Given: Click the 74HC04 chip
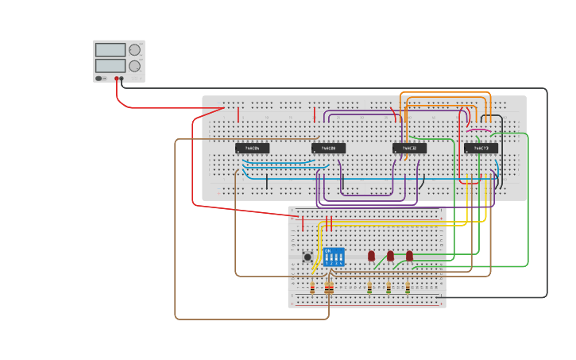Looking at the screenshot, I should coord(252,148).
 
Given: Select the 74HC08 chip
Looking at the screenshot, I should coord(328,148).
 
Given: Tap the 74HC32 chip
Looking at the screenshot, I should coord(409,148).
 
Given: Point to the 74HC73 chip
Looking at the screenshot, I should coord(481,148).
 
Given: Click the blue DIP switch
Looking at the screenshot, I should coord(334,257).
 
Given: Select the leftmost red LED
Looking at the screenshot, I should coord(371,255).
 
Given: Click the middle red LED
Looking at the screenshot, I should coord(390,255).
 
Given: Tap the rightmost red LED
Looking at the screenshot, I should coord(409,255).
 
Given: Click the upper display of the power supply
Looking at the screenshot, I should coord(110,50).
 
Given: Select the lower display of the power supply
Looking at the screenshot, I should coord(110,65).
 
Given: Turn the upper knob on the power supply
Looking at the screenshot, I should coord(134,50).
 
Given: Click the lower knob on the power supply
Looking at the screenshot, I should coord(134,66).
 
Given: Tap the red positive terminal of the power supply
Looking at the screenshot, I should coord(116,79).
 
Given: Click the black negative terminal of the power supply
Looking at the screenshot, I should coord(122,79).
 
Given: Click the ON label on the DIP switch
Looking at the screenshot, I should coord(327,251).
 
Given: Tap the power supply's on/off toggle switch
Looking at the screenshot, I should coord(99,78).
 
